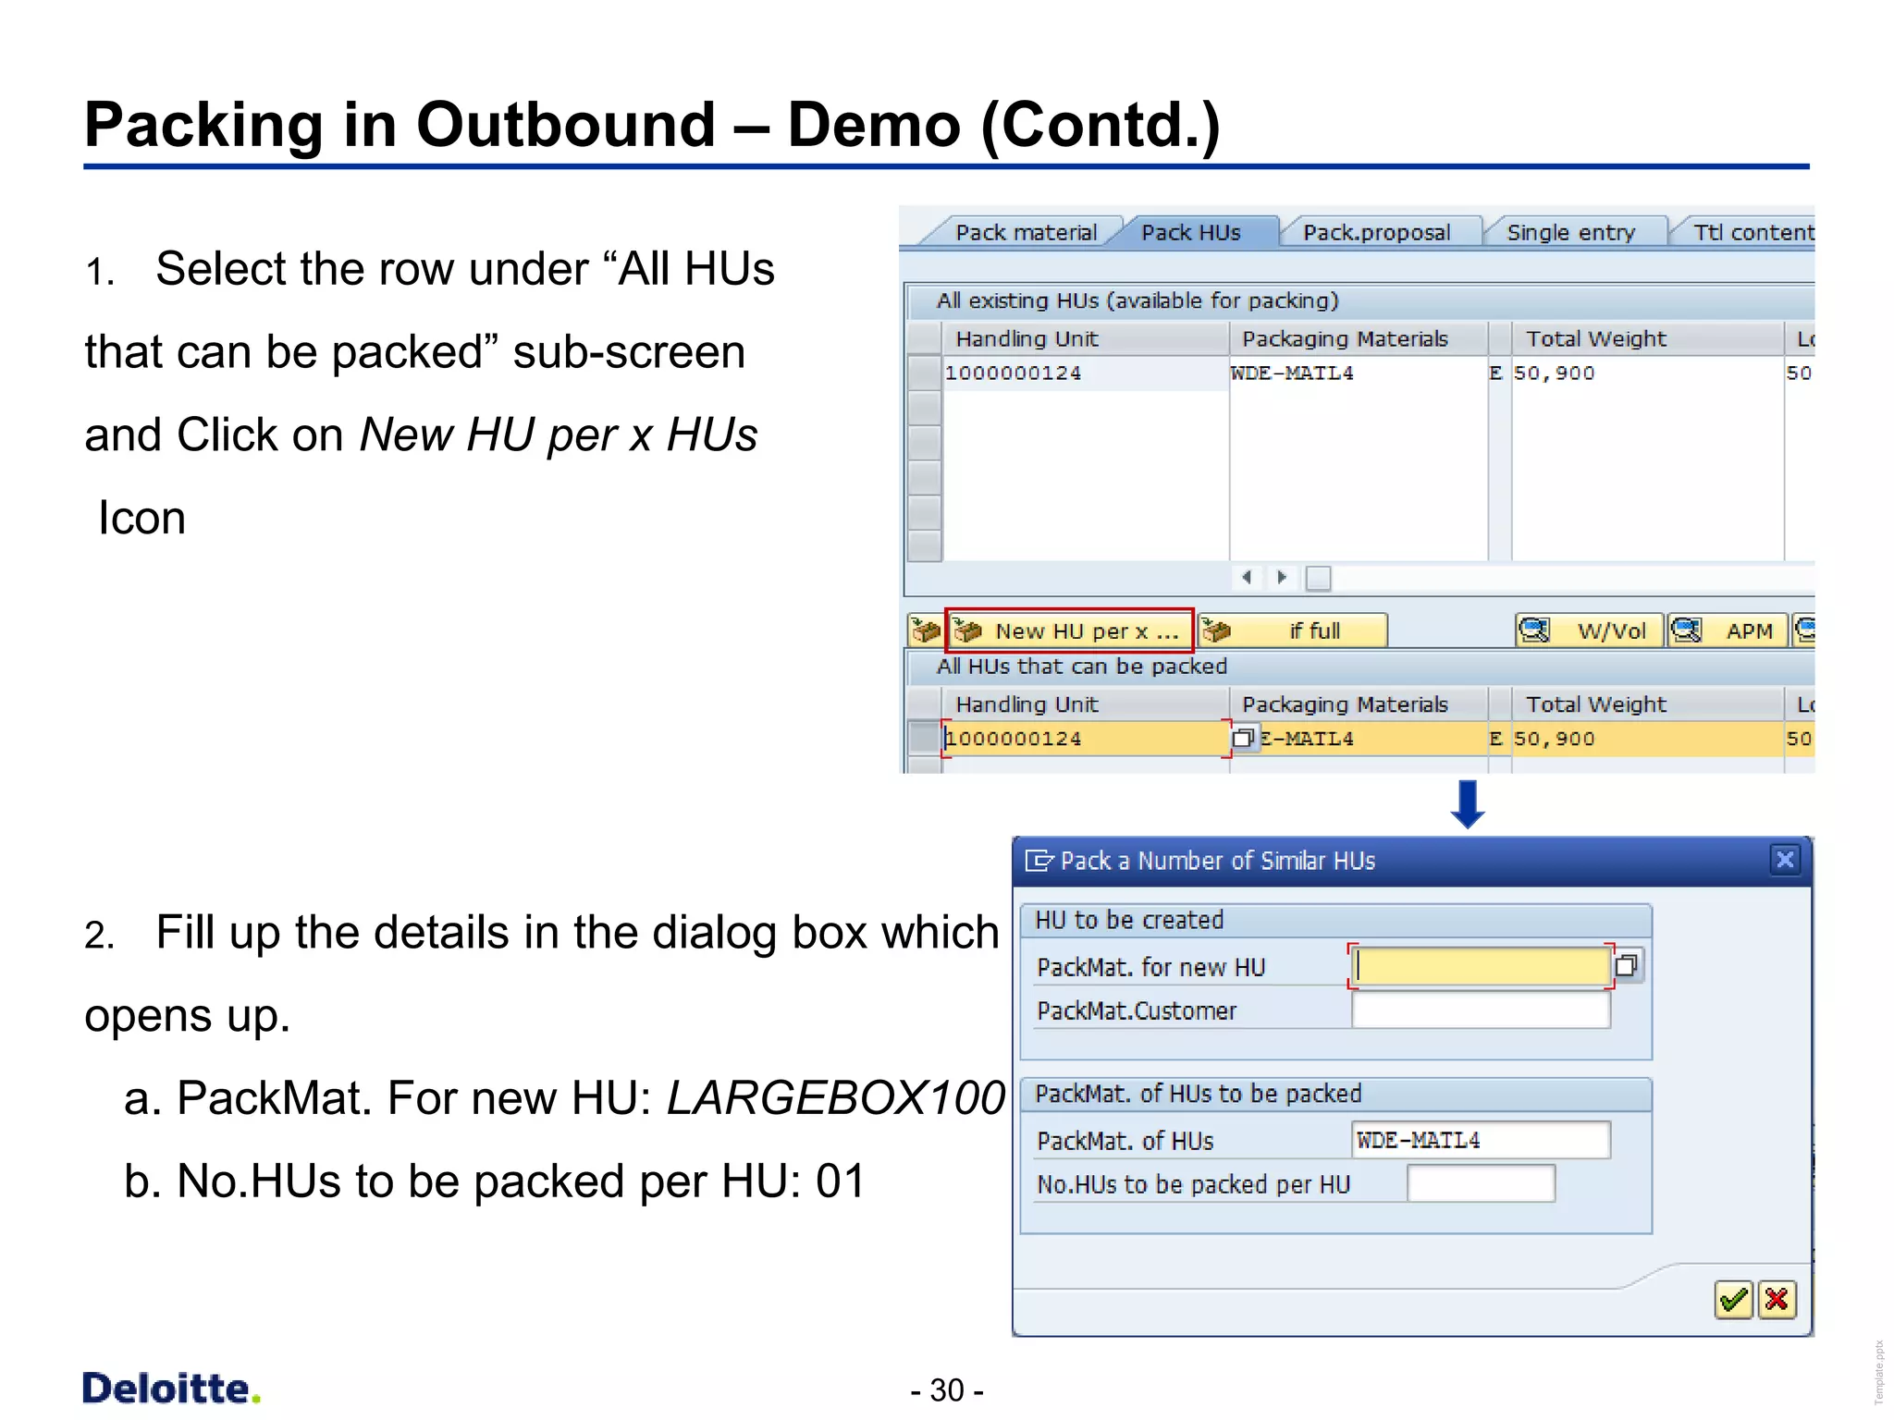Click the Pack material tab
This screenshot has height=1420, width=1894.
tap(1025, 232)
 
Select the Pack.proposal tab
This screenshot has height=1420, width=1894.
tap(1376, 232)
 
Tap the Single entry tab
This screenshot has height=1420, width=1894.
tap(1570, 232)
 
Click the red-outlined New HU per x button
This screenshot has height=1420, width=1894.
tap(1070, 630)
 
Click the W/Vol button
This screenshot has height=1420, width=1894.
tap(1589, 630)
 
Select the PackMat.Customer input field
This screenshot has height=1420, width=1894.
tap(1480, 1010)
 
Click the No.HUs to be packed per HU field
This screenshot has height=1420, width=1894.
tap(1480, 1184)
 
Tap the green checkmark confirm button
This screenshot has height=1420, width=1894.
tap(1733, 1301)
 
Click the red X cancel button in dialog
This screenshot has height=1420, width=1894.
tap(1777, 1301)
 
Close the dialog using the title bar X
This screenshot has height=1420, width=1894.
tap(1785, 861)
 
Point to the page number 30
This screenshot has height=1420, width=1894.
tap(947, 1390)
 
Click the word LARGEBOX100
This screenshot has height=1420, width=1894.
tap(835, 1098)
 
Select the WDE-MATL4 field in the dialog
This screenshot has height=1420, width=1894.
tap(1480, 1140)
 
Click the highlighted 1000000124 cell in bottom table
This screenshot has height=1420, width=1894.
tap(1084, 739)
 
